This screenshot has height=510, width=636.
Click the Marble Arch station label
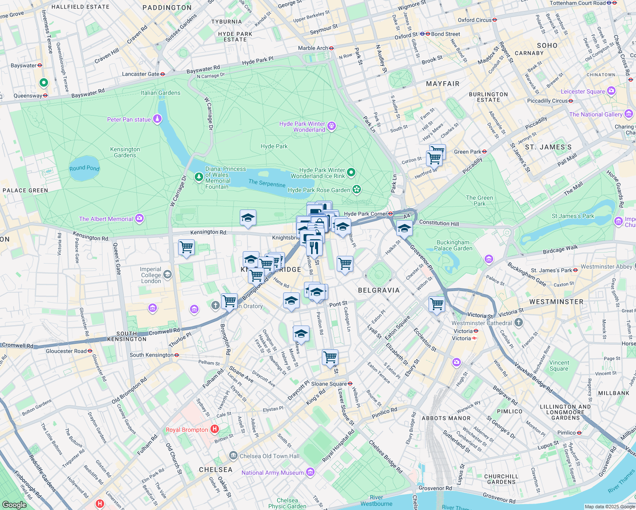(x=313, y=48)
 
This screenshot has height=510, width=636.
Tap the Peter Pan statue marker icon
(x=157, y=119)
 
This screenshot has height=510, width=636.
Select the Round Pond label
(x=84, y=168)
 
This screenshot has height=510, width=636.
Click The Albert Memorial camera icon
(x=139, y=219)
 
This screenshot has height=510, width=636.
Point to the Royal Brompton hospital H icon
(x=215, y=429)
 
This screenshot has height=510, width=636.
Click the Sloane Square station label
(x=329, y=384)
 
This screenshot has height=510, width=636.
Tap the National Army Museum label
(x=273, y=473)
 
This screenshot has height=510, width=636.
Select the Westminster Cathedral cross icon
(x=518, y=323)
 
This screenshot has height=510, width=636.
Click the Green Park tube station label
(x=468, y=152)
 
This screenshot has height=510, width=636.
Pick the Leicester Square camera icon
(x=611, y=91)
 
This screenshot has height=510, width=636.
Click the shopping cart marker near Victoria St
(x=437, y=304)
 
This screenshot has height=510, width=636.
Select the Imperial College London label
(x=151, y=275)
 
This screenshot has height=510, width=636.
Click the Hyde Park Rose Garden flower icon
(x=357, y=190)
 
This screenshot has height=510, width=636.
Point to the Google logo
(x=14, y=504)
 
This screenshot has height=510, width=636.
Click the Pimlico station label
(x=566, y=433)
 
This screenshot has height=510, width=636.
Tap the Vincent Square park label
(x=559, y=365)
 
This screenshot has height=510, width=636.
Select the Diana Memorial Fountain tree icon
(x=199, y=176)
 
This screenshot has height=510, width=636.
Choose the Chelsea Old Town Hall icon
(x=233, y=456)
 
